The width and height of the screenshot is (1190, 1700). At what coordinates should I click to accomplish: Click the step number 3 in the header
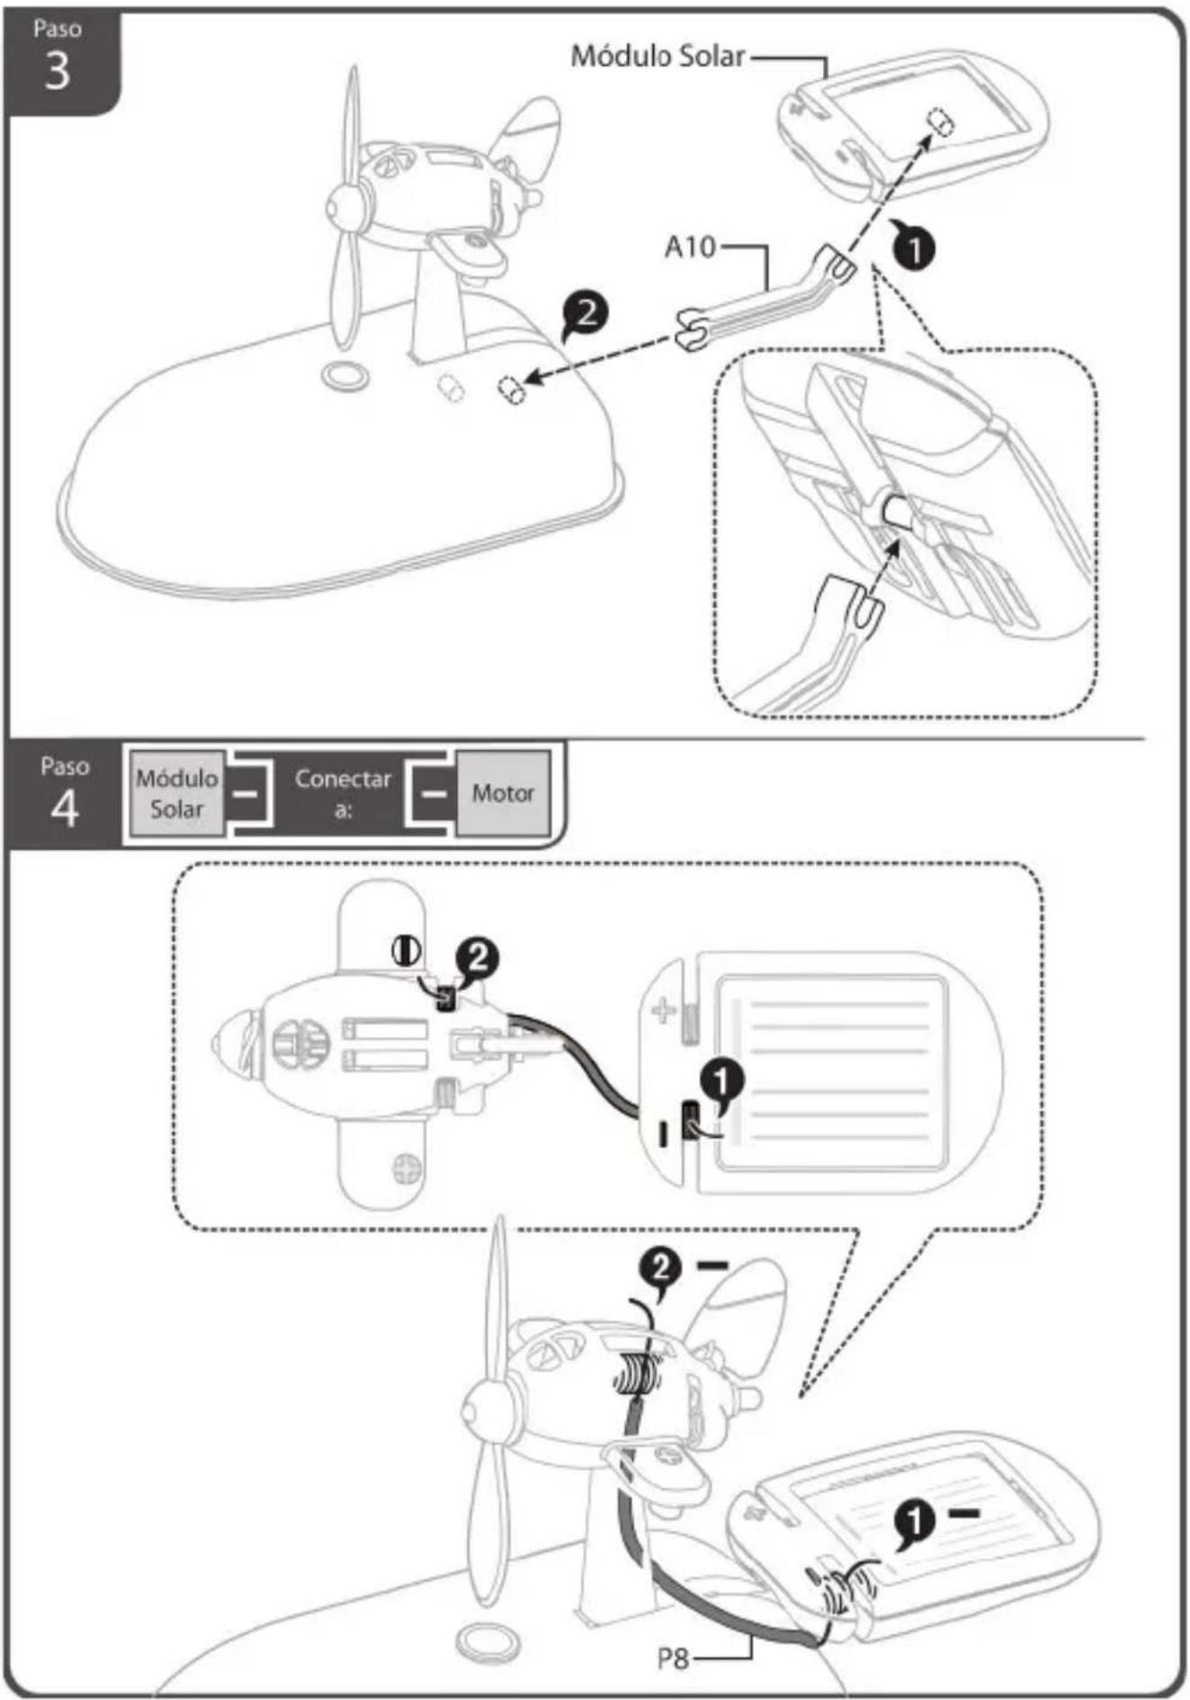click(x=57, y=70)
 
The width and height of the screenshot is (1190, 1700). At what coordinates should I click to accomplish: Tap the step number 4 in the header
click(x=64, y=808)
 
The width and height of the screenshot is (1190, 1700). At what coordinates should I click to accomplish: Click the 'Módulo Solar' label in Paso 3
click(x=658, y=56)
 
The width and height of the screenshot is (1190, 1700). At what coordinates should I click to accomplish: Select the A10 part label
click(x=689, y=246)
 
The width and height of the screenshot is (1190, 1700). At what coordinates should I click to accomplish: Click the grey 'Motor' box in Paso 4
click(x=503, y=792)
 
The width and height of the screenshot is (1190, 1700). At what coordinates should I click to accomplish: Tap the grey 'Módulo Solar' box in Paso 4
click(x=177, y=792)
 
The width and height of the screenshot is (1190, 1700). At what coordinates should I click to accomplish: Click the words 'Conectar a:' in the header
click(x=343, y=792)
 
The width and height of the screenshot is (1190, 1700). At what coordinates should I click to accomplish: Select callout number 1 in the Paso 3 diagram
click(x=914, y=247)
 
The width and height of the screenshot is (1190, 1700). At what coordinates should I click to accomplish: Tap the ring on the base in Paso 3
click(x=344, y=375)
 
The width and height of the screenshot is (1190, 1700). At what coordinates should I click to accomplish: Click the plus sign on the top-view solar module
click(x=664, y=1011)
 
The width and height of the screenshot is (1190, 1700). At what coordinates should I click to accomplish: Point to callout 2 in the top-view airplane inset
click(x=477, y=959)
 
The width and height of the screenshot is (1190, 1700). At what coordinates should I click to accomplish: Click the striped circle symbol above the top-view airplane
click(x=407, y=950)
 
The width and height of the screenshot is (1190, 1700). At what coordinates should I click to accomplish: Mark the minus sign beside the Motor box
click(x=434, y=793)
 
